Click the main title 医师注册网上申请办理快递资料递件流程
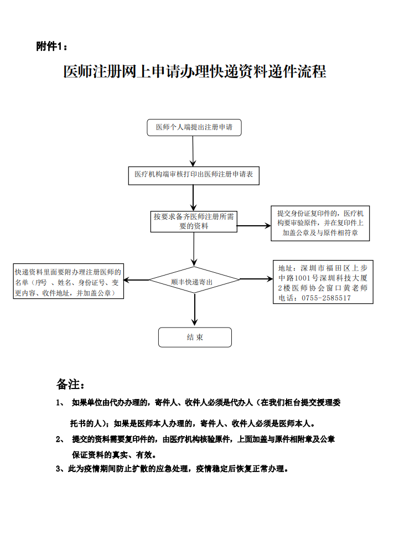click(x=195, y=72)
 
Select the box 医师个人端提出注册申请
click(x=194, y=127)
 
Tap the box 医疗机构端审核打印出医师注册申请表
click(x=194, y=174)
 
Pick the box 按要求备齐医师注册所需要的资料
click(x=194, y=221)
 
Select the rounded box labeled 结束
click(x=195, y=337)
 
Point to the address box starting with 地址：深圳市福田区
click(x=323, y=282)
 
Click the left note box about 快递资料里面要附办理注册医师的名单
click(x=68, y=282)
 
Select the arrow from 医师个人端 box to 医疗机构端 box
click(x=193, y=151)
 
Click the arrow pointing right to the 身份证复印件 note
click(x=253, y=225)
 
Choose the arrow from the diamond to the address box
click(x=256, y=278)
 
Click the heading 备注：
click(x=70, y=384)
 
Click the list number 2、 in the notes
click(x=60, y=439)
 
